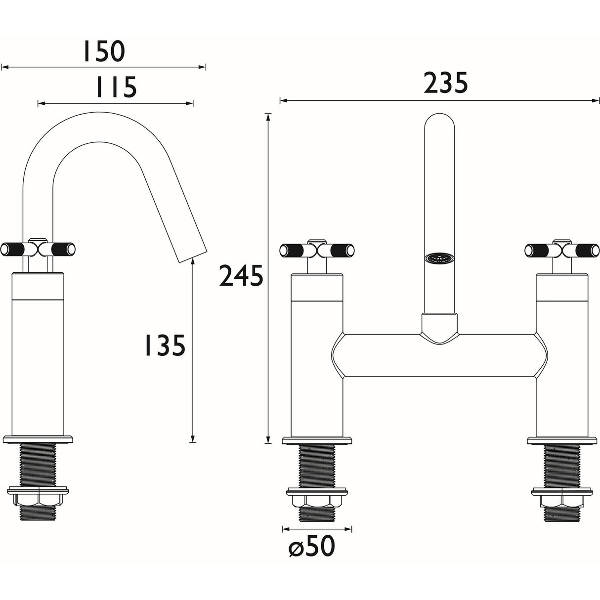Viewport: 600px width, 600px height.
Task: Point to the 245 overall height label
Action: click(x=241, y=276)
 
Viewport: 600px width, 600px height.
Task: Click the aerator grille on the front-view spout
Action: click(x=438, y=258)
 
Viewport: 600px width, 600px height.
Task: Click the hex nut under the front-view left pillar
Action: click(x=316, y=501)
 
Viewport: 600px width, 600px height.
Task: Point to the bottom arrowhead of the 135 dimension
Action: click(x=193, y=439)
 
